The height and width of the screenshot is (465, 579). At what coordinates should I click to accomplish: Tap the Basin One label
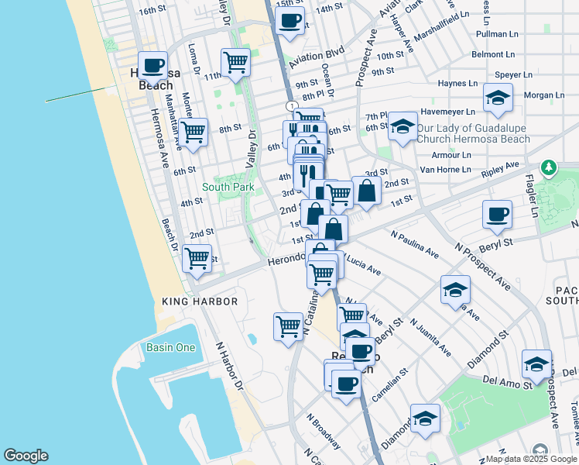click(171, 347)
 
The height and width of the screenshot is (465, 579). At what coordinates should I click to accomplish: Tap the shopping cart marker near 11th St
click(235, 62)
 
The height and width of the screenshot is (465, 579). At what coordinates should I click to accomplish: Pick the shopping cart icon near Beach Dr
click(197, 257)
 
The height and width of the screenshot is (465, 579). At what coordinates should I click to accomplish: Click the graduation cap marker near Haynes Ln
click(498, 97)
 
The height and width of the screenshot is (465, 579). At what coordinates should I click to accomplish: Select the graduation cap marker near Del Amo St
click(536, 363)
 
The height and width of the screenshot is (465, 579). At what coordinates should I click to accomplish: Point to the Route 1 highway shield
click(290, 105)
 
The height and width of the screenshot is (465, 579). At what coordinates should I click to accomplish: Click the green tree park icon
click(549, 167)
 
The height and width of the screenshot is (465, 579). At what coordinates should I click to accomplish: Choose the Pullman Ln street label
click(497, 35)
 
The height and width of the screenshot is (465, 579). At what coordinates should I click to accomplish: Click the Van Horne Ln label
click(444, 169)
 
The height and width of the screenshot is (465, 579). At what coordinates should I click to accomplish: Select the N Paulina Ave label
click(415, 244)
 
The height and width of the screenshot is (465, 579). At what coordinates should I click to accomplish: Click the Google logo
click(26, 456)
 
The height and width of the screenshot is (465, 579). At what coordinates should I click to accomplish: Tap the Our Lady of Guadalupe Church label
click(473, 133)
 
